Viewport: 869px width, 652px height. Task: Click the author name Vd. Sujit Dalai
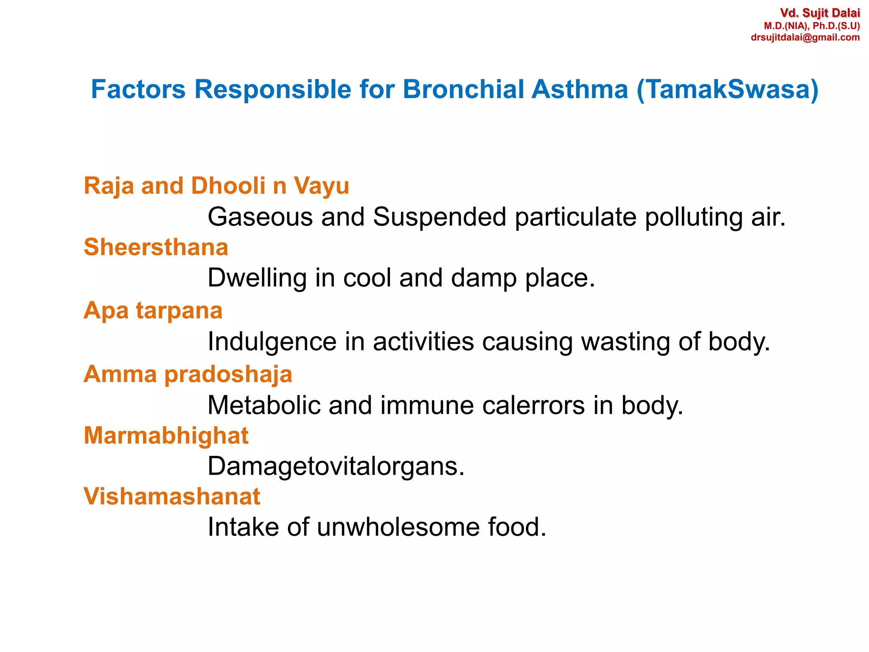tap(820, 13)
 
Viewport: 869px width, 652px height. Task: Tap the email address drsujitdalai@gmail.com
tap(805, 37)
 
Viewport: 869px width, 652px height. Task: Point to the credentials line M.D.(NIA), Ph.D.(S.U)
tap(812, 26)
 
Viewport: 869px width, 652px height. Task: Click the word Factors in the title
tap(138, 89)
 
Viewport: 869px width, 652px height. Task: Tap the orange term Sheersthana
tap(156, 247)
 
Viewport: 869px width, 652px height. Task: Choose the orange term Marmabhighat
tap(166, 436)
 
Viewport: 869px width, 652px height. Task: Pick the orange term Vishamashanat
tap(172, 496)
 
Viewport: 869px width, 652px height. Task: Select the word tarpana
tap(179, 311)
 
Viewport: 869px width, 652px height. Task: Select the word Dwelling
tap(257, 278)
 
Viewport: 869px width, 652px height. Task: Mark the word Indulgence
tap(272, 342)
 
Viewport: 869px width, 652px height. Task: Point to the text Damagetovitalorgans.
tap(336, 467)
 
